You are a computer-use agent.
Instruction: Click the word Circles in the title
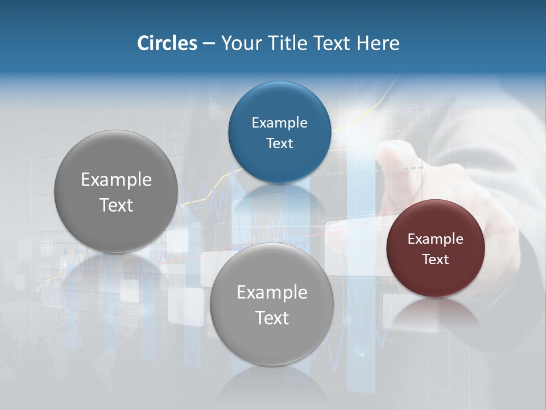(167, 43)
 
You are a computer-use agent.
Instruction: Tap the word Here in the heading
(378, 43)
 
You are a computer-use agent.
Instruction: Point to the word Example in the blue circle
(279, 122)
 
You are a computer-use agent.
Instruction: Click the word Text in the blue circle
(279, 143)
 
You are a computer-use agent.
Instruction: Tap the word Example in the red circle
(436, 239)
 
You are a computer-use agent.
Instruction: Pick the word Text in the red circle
(436, 259)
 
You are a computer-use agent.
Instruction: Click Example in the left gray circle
(116, 179)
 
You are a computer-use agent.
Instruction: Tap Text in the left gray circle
(116, 205)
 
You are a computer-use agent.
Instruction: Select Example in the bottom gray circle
(272, 292)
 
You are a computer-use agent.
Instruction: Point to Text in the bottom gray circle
(272, 318)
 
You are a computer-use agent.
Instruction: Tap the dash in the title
(209, 44)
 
